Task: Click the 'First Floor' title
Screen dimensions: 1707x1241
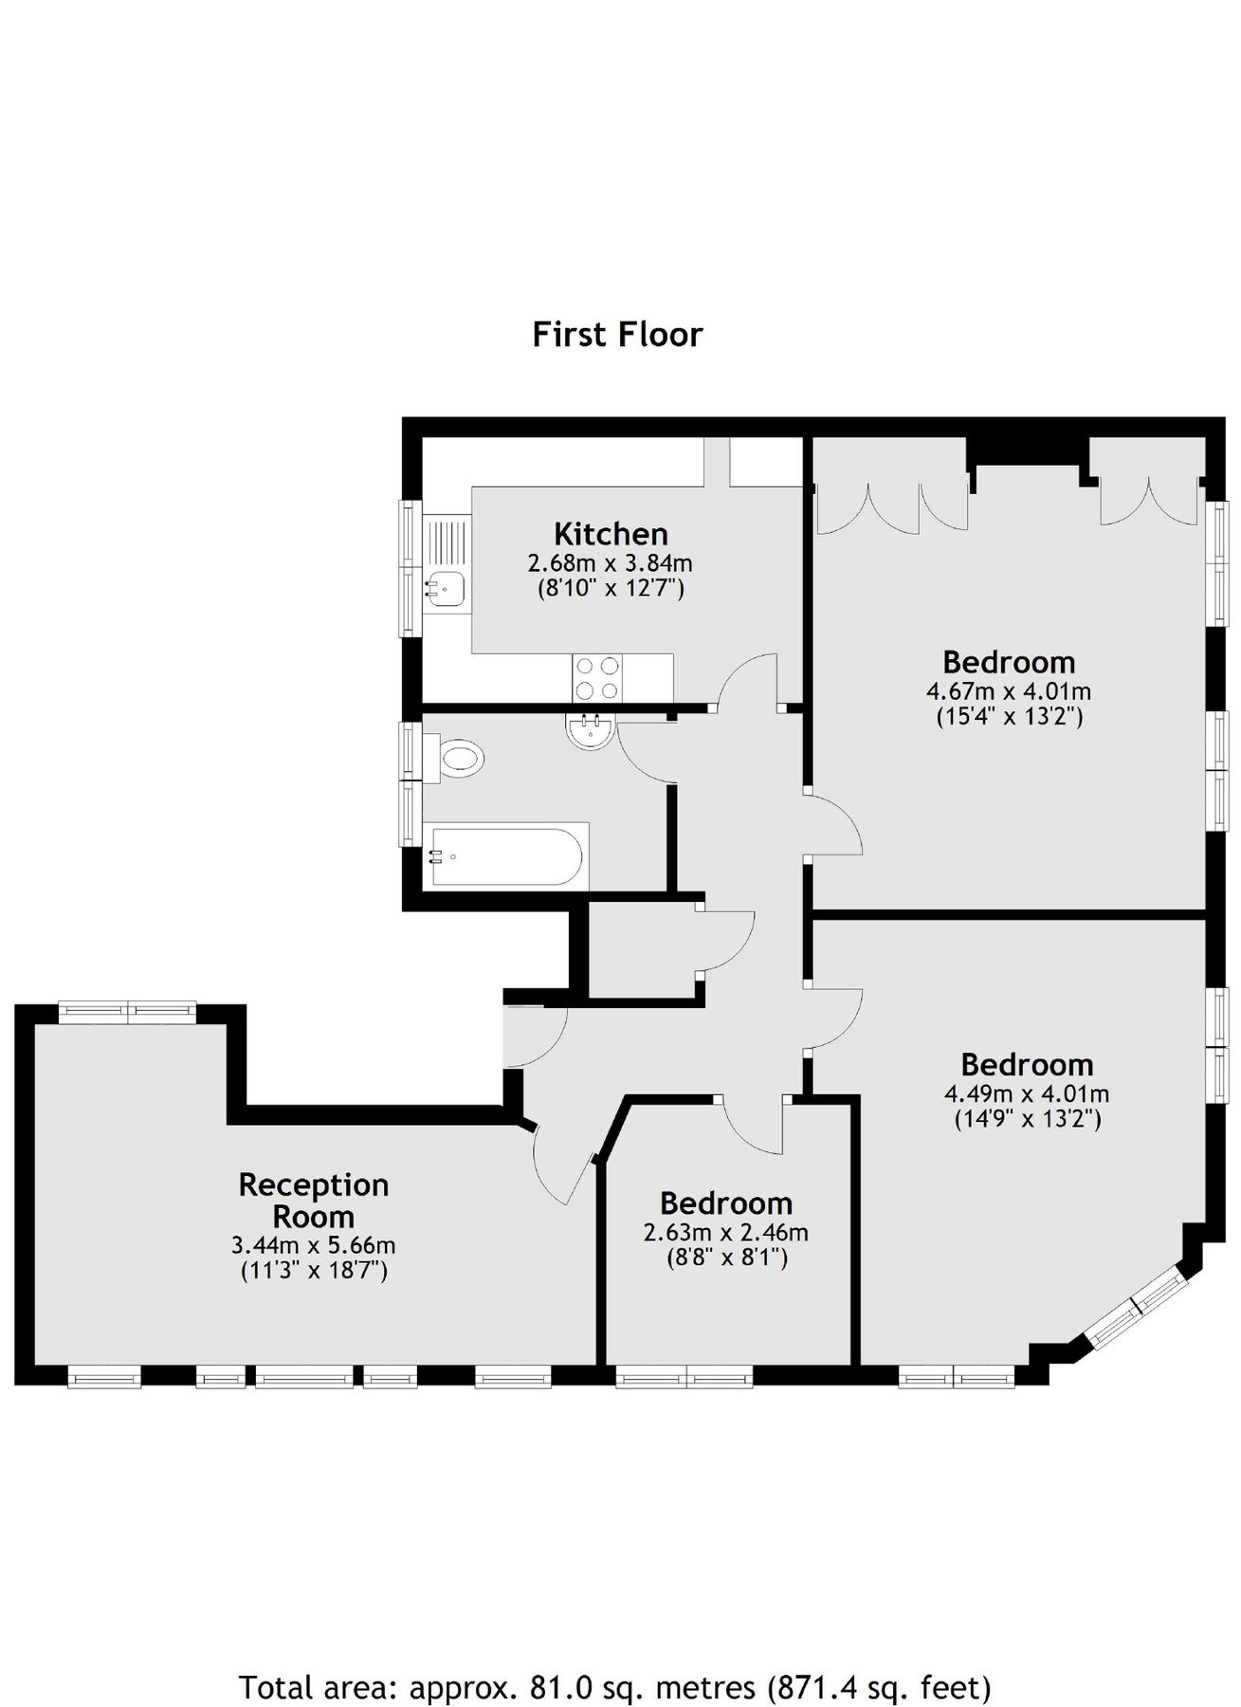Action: point(617,335)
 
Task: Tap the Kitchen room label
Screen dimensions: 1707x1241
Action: point(611,533)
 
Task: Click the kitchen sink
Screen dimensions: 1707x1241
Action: point(444,588)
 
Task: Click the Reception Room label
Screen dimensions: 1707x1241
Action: point(314,1200)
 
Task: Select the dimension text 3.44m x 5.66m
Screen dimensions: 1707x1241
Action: point(314,1245)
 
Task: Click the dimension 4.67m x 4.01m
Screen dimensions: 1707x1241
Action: point(1009,690)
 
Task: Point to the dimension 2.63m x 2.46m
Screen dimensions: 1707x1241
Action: point(726,1233)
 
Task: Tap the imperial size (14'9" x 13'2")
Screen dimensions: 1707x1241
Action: point(1027,1119)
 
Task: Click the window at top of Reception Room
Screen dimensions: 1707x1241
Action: point(127,1011)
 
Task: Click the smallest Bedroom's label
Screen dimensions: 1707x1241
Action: point(726,1203)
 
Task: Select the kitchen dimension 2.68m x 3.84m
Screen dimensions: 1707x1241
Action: point(611,562)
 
